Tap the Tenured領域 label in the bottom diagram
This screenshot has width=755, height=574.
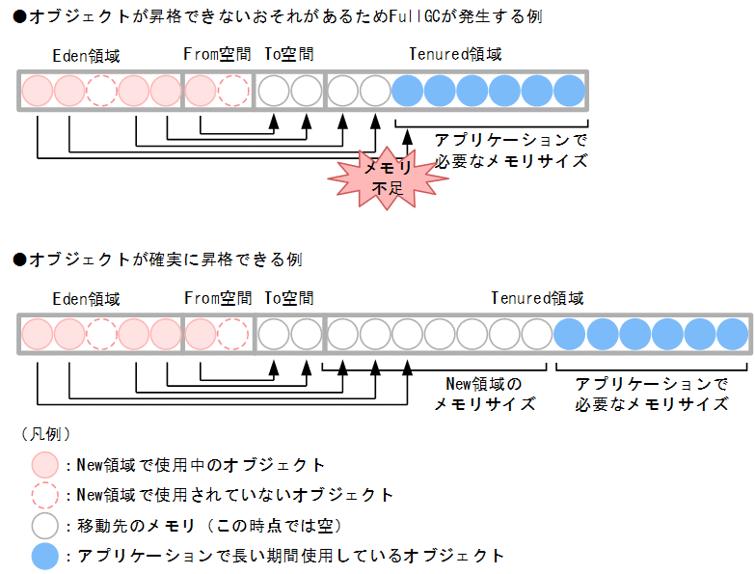[536, 298]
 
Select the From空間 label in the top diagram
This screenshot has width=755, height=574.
[217, 55]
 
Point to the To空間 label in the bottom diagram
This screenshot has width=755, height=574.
[289, 298]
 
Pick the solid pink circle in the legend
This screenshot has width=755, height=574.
[44, 465]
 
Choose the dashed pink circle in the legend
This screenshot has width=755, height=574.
[44, 495]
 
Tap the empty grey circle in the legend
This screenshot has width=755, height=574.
[44, 526]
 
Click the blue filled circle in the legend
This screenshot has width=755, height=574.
[44, 556]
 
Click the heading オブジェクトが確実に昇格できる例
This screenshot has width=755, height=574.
[158, 260]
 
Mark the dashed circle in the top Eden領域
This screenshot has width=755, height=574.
[101, 91]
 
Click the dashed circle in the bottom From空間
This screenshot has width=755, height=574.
[232, 334]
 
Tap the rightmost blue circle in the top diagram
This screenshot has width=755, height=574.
[569, 91]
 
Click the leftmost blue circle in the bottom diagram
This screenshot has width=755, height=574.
[570, 334]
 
